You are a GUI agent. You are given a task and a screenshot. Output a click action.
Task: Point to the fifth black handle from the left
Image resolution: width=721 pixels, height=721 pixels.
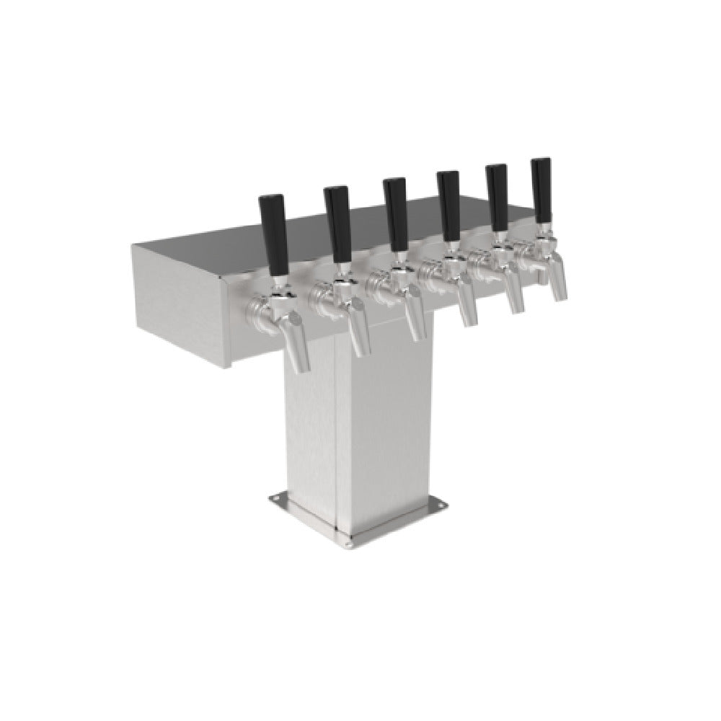(497, 198)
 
